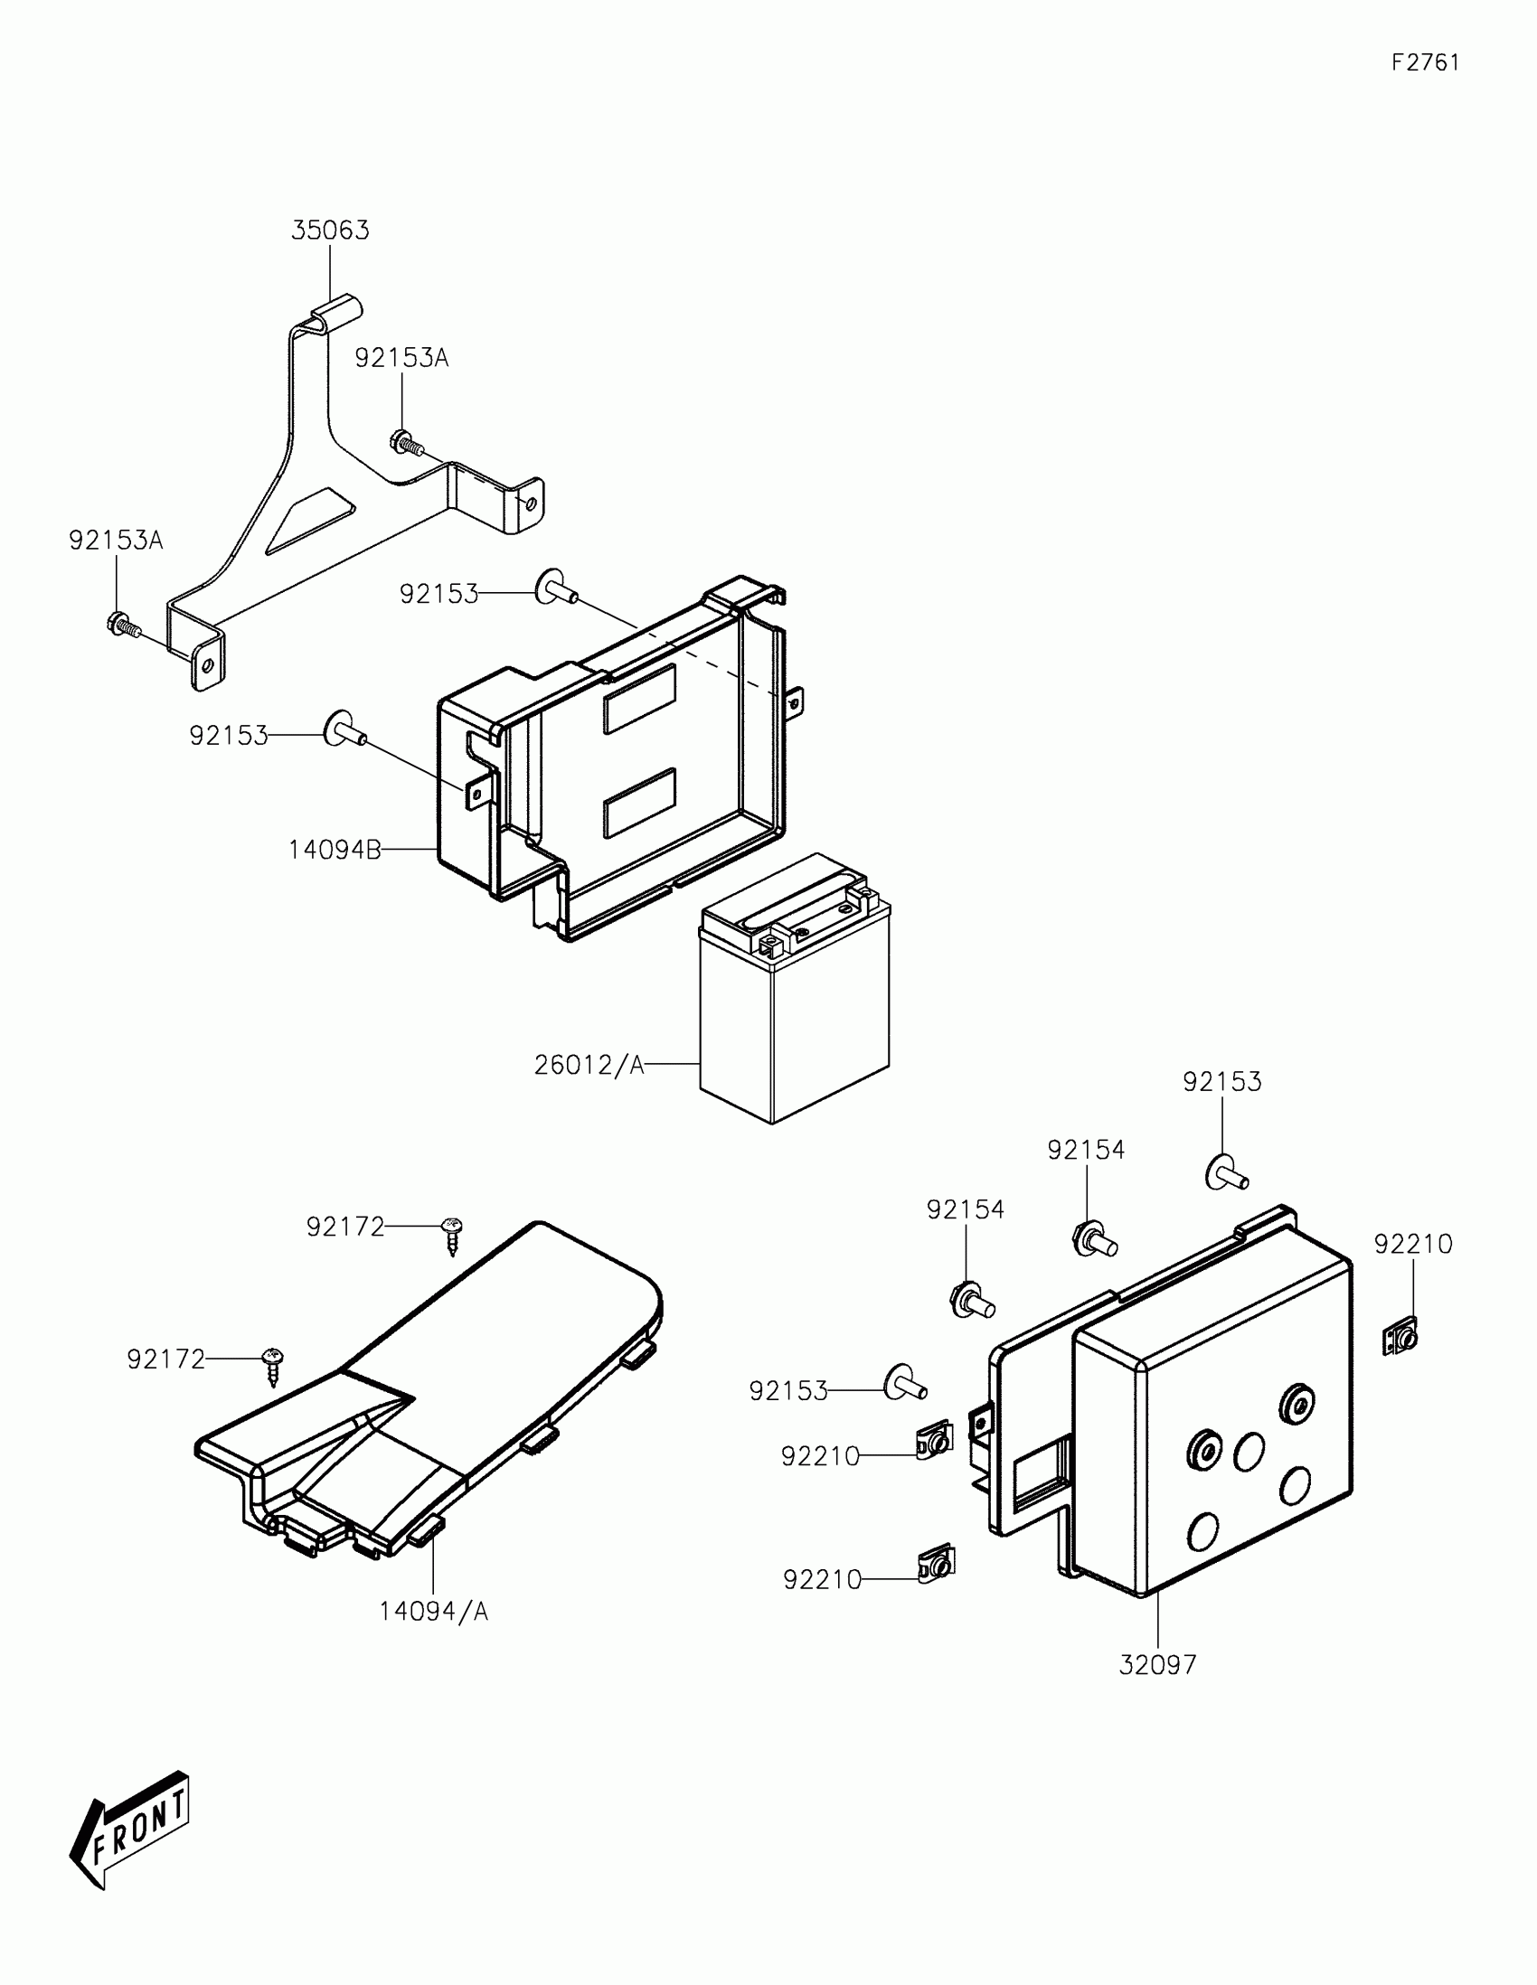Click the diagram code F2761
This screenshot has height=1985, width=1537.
(1425, 62)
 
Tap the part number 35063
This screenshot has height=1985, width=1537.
(330, 230)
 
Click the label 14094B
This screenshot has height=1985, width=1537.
(335, 851)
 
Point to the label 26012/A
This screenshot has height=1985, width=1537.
(589, 1064)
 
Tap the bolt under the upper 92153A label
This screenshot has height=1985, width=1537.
(406, 443)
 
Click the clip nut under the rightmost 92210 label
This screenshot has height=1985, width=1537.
(1400, 1339)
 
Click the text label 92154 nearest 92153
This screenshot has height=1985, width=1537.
(1085, 1151)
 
